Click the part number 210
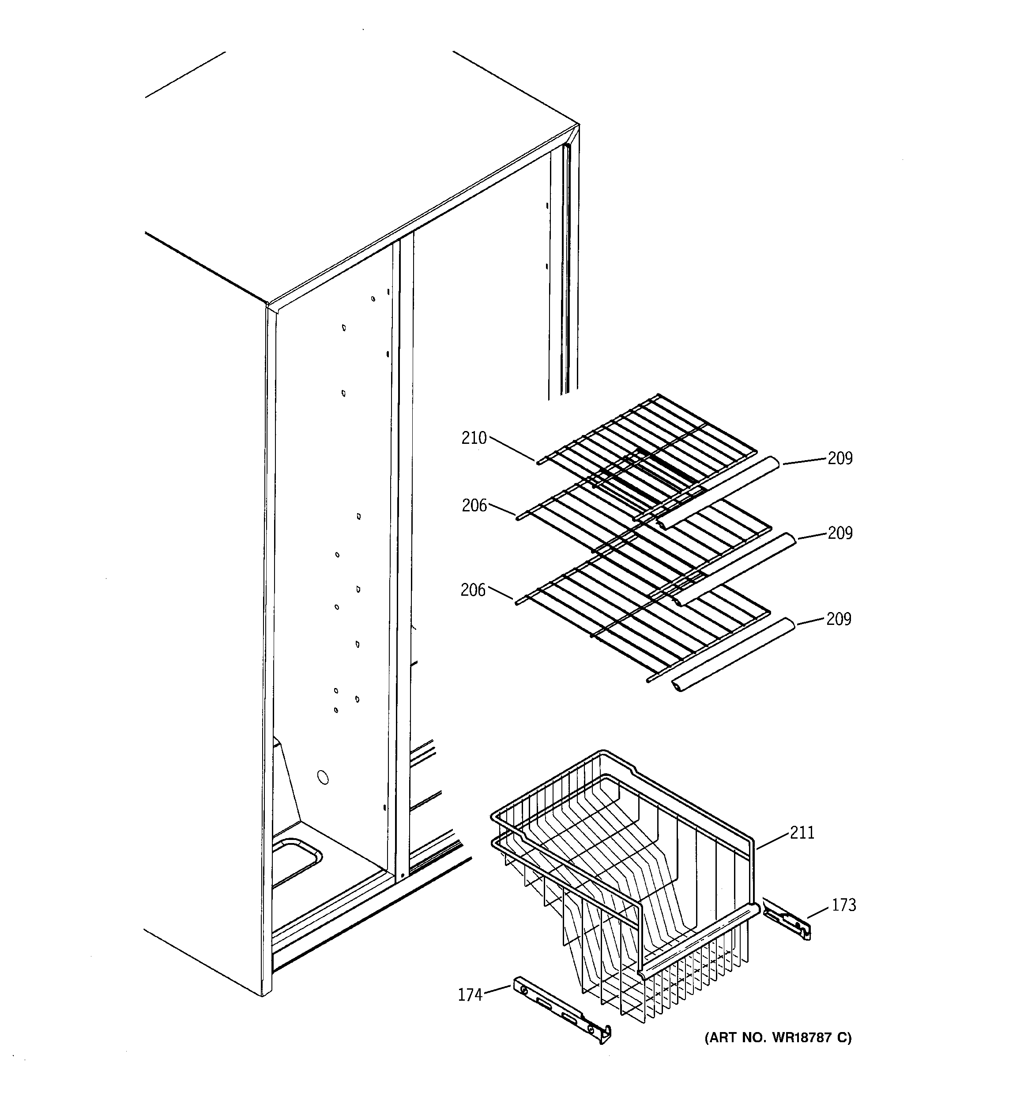pyautogui.click(x=474, y=438)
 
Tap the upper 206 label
pyautogui.click(x=474, y=505)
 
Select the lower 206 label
pyautogui.click(x=473, y=590)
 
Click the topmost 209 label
pyautogui.click(x=840, y=458)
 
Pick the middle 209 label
pyautogui.click(x=840, y=533)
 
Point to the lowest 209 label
pyautogui.click(x=838, y=619)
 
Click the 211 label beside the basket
pyautogui.click(x=802, y=833)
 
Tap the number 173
pyautogui.click(x=844, y=905)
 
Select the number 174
pyautogui.click(x=470, y=995)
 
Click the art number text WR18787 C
pyautogui.click(x=778, y=1037)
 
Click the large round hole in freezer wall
pyautogui.click(x=323, y=777)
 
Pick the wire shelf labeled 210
pyautogui.click(x=648, y=440)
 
